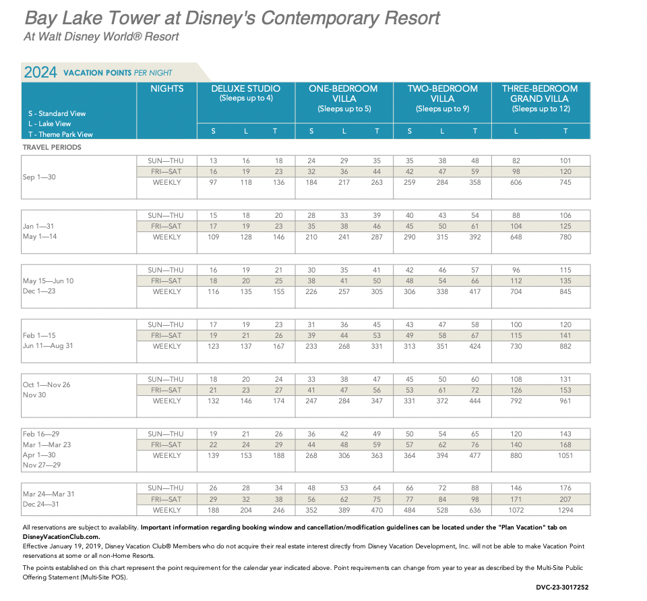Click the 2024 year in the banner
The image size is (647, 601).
[40, 72]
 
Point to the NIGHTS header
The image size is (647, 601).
[166, 88]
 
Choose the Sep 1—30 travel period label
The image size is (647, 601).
[40, 177]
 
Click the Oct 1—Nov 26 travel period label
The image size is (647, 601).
[47, 384]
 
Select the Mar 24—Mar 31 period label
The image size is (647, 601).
[49, 494]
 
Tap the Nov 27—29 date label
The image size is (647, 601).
[41, 465]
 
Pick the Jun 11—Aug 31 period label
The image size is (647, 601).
[48, 346]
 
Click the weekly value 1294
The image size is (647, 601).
[565, 510]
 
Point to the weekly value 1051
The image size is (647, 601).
[565, 455]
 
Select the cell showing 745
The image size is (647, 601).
[565, 182]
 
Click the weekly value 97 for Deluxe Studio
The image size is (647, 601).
[213, 182]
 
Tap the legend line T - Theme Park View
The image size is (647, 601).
[57, 134]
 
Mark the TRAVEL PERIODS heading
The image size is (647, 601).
[52, 147]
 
